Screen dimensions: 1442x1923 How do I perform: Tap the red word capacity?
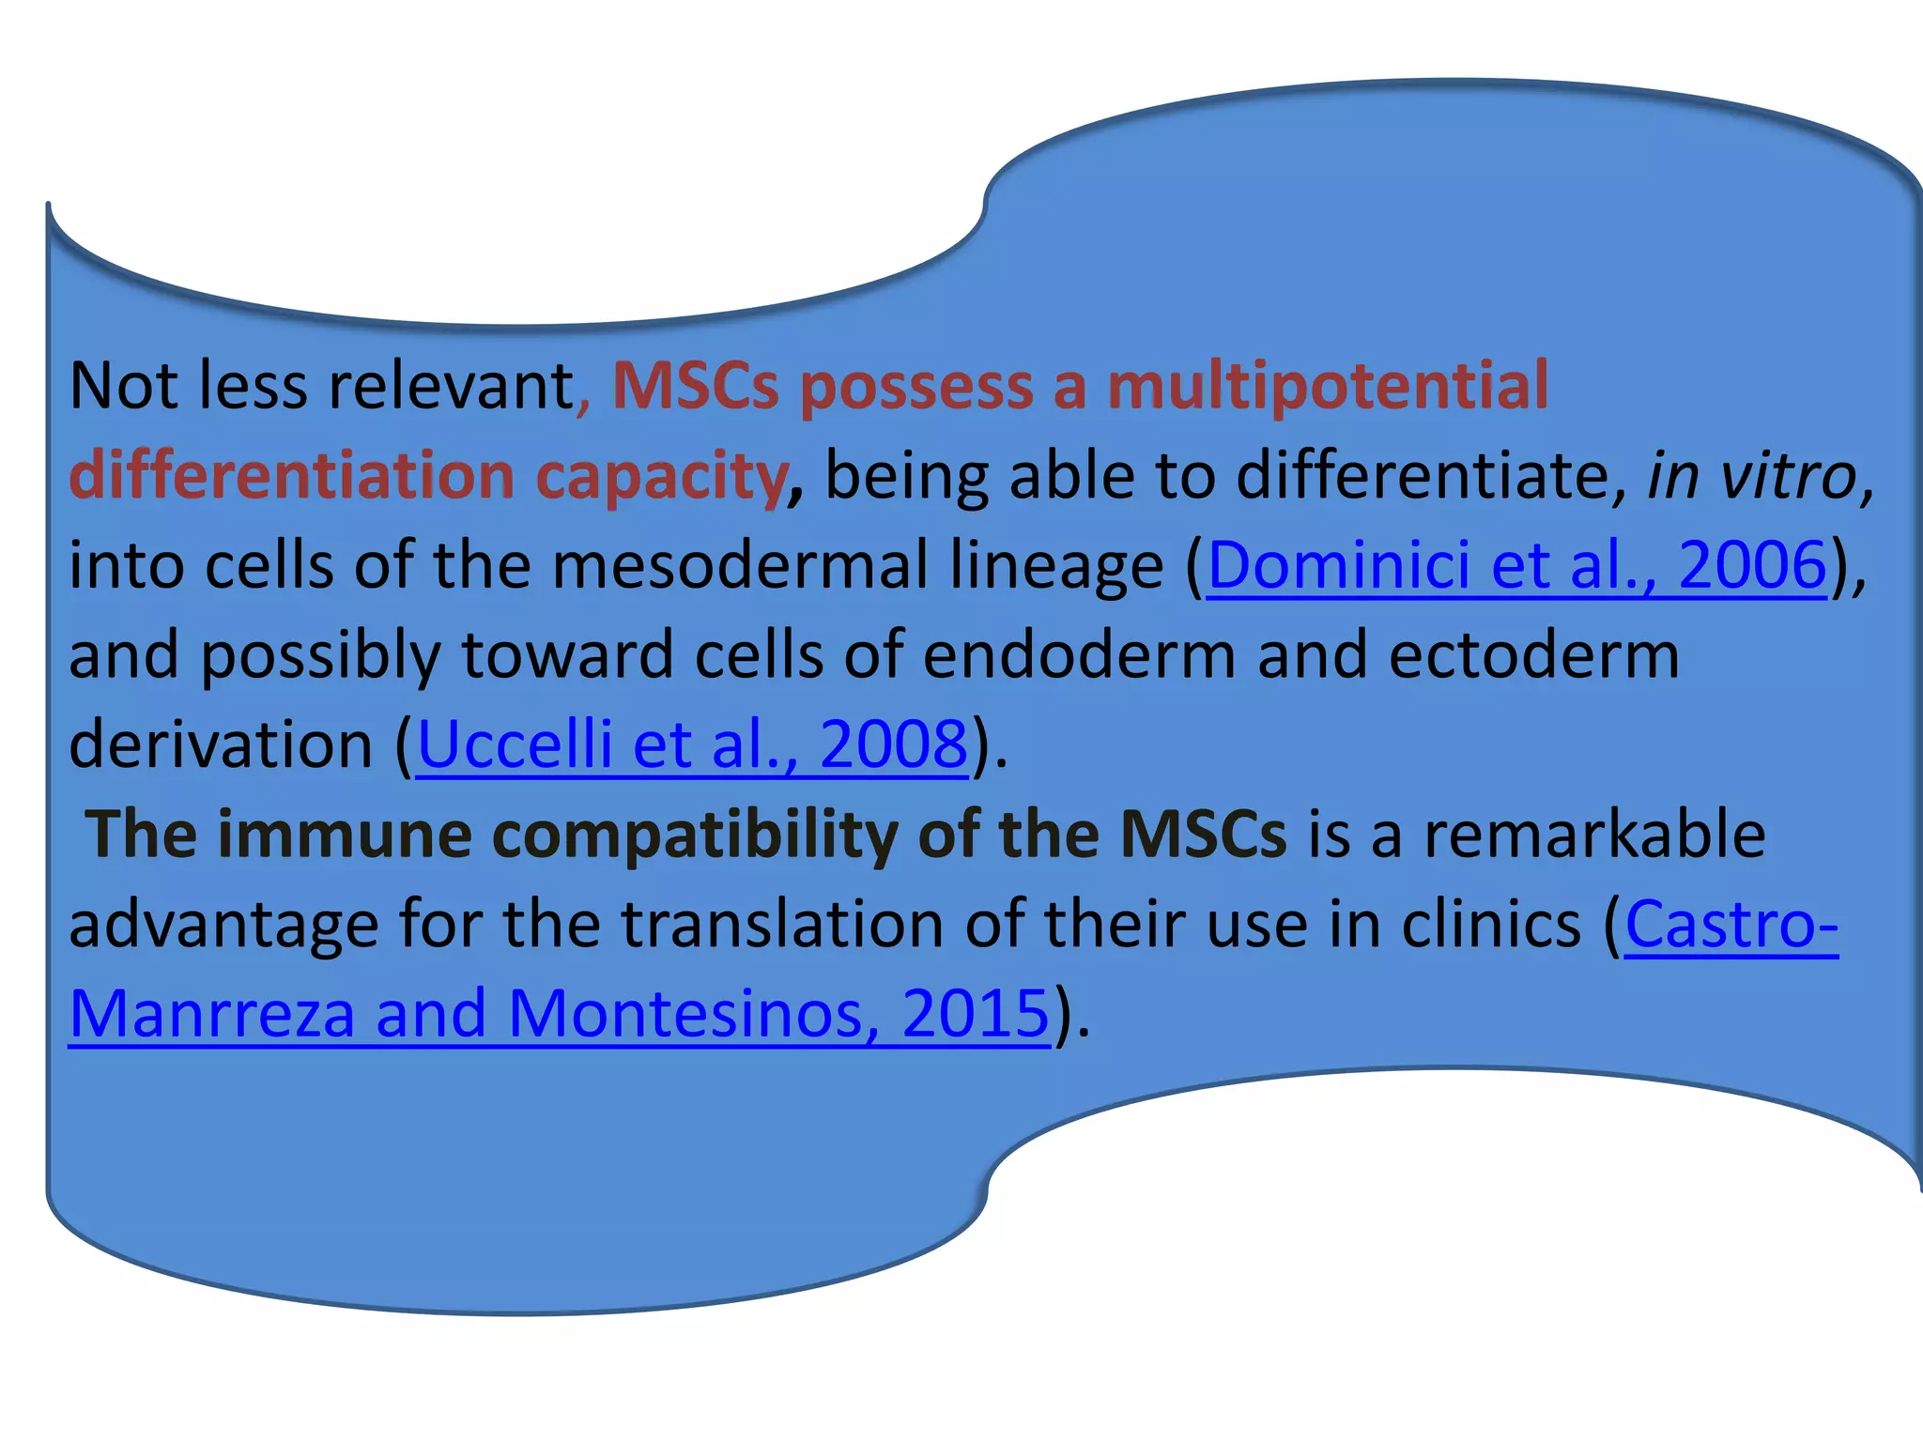click(661, 477)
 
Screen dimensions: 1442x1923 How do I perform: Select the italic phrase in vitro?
click(1752, 476)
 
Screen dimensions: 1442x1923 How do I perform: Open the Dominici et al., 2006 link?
click(1516, 566)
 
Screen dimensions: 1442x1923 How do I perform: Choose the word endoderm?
click(1079, 655)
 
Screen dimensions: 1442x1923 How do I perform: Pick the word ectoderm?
click(1533, 655)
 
